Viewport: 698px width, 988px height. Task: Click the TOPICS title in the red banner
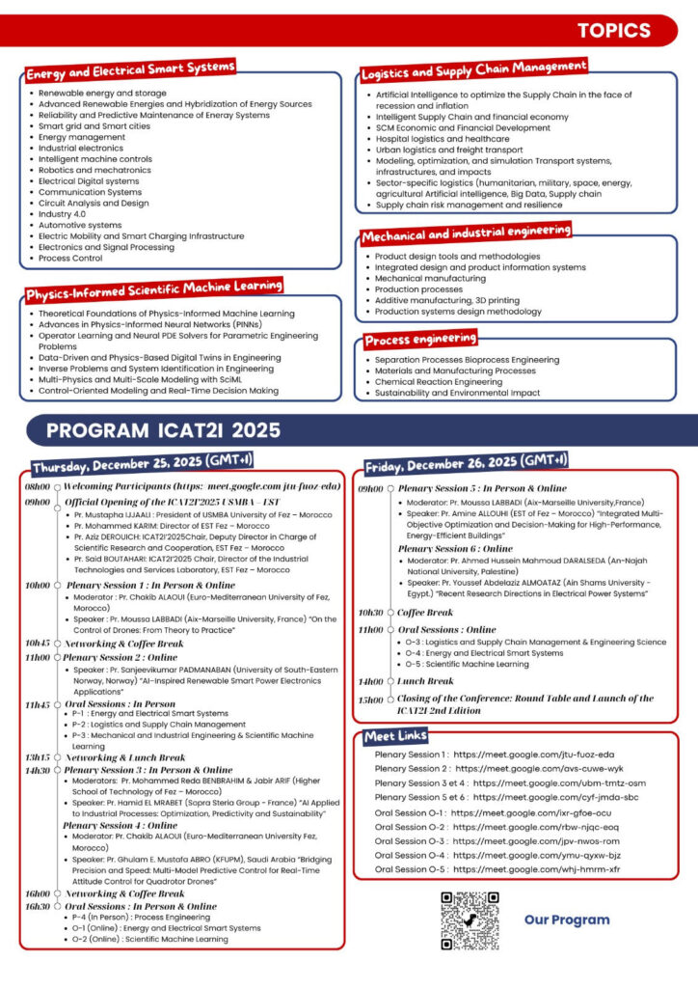pos(614,31)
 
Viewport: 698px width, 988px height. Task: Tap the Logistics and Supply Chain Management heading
pos(473,70)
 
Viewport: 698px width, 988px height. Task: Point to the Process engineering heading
pos(420,340)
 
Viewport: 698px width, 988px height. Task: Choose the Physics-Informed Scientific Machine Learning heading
pos(154,288)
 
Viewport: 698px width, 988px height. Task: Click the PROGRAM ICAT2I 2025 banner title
pos(163,429)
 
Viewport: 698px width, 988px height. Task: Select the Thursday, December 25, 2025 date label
pos(142,461)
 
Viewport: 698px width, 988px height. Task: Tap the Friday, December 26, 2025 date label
pos(465,460)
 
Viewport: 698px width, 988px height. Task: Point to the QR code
pos(470,920)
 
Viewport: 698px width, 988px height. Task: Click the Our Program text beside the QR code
pos(567,919)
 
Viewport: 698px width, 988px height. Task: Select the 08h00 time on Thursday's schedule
pos(38,487)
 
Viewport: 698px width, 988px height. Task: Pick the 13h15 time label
pos(38,757)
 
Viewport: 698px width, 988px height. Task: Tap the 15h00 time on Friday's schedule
pos(370,699)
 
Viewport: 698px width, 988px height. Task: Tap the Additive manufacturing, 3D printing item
pos(447,300)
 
